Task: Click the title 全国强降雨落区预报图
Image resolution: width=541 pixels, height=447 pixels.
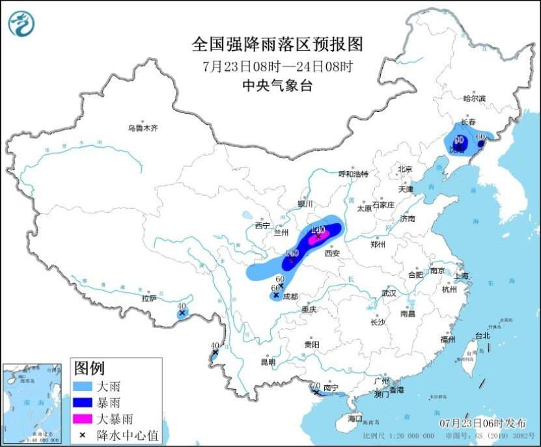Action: tap(277, 44)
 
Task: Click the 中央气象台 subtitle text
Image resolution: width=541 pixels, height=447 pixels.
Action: tap(277, 85)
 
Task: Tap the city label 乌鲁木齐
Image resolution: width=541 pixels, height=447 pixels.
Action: tap(143, 128)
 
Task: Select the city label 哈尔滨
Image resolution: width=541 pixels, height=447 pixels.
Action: tap(475, 99)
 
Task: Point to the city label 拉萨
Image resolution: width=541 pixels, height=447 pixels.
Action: tap(149, 299)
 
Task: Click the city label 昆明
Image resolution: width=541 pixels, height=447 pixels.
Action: tap(268, 362)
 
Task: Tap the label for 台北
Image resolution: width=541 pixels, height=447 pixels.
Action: tap(482, 336)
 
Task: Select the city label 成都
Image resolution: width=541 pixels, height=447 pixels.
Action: tap(290, 296)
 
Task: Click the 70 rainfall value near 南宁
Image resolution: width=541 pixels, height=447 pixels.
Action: tap(316, 386)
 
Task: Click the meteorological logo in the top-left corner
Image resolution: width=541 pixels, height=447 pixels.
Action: tap(21, 24)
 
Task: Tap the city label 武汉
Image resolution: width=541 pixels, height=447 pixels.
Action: tap(389, 293)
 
